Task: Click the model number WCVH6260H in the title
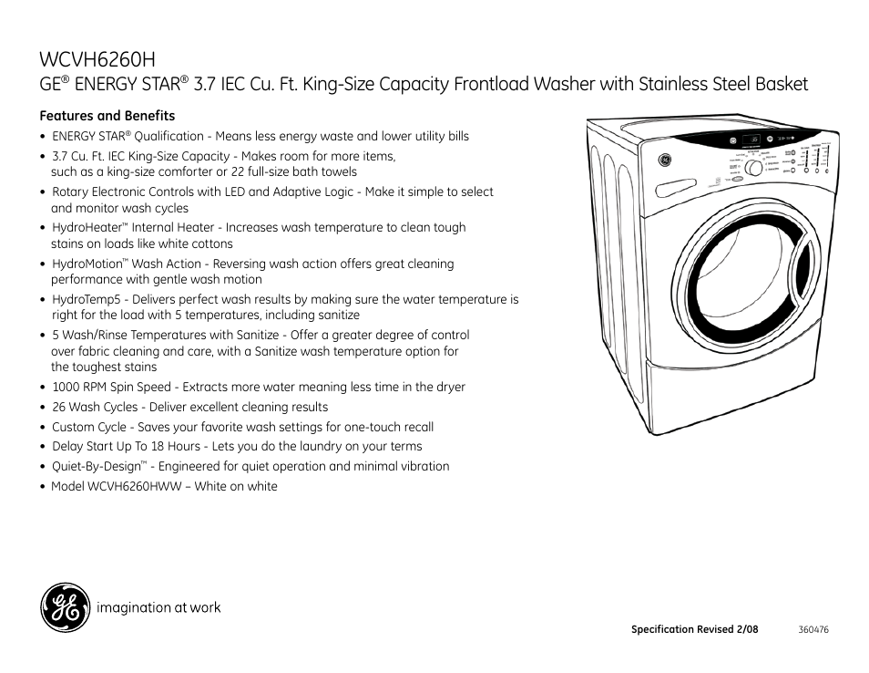click(97, 59)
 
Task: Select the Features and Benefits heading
click(107, 116)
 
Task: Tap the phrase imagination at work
click(158, 607)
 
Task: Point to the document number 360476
click(813, 629)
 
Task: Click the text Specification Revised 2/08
click(694, 629)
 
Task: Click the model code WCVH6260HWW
click(138, 486)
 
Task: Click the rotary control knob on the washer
click(753, 169)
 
